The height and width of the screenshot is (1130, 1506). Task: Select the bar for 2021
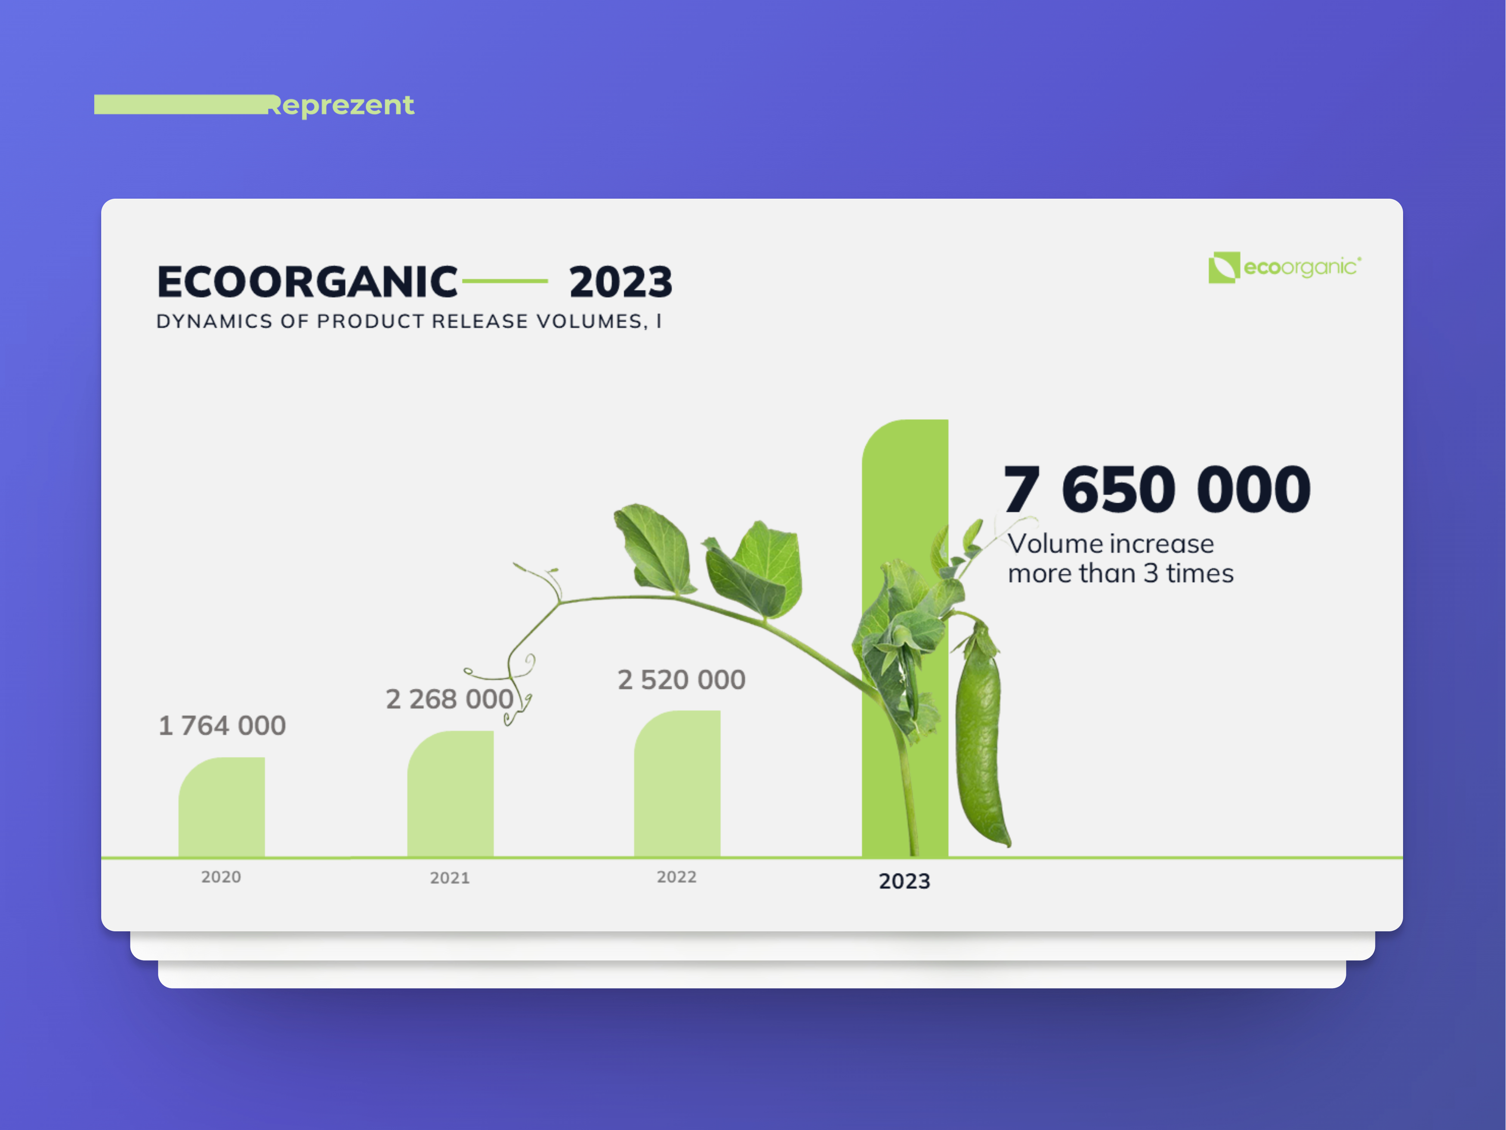(x=450, y=794)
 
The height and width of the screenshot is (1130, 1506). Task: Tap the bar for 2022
(x=677, y=784)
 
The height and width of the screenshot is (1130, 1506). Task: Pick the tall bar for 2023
(x=905, y=638)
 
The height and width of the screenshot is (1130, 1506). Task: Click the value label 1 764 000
(x=222, y=725)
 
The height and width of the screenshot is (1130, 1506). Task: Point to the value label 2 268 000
(x=449, y=699)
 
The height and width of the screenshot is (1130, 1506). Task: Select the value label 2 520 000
(x=682, y=680)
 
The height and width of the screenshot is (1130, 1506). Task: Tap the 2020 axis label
(x=221, y=876)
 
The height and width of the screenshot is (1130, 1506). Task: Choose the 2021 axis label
(x=449, y=878)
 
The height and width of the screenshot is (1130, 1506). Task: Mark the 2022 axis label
(x=676, y=876)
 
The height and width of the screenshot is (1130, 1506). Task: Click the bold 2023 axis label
(x=904, y=881)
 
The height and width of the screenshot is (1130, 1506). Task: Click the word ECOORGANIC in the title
(x=307, y=282)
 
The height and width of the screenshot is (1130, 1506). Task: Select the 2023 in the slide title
(x=620, y=282)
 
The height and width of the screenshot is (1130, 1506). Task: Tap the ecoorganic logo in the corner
(x=1285, y=268)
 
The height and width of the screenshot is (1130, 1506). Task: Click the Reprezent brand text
(x=340, y=105)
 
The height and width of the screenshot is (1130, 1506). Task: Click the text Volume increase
(x=1111, y=544)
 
